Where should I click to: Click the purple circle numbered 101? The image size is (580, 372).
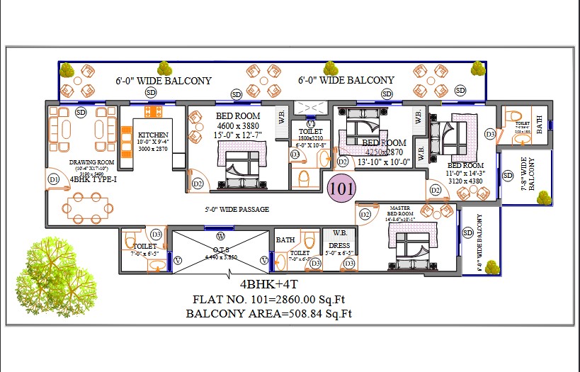pyautogui.click(x=342, y=189)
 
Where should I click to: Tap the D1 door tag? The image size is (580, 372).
pyautogui.click(x=53, y=181)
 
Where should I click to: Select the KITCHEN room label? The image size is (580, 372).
pyautogui.click(x=153, y=135)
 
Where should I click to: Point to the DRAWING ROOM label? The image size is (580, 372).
pyautogui.click(x=87, y=162)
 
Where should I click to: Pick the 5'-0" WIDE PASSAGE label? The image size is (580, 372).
pyautogui.click(x=237, y=210)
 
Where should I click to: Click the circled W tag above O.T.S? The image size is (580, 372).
pyautogui.click(x=220, y=235)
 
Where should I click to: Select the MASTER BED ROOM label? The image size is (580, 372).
pyautogui.click(x=400, y=210)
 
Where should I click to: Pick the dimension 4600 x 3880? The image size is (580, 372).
pyautogui.click(x=239, y=126)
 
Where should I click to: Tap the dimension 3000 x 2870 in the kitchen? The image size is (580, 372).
pyautogui.click(x=153, y=150)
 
